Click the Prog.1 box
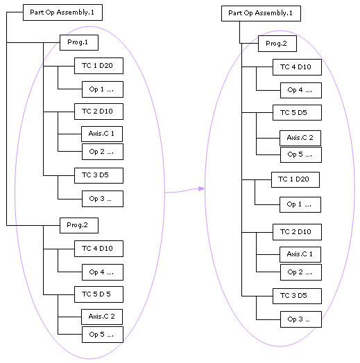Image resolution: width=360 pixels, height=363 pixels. [79, 42]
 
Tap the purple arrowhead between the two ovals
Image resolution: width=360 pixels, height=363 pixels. [201, 188]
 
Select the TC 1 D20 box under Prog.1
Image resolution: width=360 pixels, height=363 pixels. [98, 66]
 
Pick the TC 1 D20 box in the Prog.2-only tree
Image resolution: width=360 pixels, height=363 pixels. [295, 179]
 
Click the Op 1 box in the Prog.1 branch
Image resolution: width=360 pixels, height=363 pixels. [103, 89]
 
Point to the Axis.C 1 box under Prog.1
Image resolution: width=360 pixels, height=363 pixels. [102, 134]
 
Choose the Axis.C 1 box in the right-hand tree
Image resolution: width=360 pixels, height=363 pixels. [300, 254]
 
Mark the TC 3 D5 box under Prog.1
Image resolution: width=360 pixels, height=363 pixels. [98, 175]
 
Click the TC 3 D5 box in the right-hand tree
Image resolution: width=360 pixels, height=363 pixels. [297, 296]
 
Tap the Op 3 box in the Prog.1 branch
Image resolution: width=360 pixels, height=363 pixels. [103, 199]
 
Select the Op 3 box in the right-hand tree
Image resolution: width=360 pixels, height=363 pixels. [301, 319]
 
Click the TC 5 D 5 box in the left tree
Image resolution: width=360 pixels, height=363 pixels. [98, 294]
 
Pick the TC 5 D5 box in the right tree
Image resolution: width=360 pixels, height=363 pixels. [297, 112]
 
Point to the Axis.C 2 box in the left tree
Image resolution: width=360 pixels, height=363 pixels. [102, 317]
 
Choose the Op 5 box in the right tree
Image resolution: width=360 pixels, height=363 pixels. [301, 154]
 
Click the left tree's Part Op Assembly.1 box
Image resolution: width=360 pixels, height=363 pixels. [62, 12]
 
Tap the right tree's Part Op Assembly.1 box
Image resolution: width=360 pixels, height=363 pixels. [261, 13]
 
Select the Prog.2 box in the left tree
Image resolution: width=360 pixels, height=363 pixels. [79, 225]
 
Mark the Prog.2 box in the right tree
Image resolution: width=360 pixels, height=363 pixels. [277, 44]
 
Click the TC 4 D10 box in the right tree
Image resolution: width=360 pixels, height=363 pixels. [297, 67]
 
